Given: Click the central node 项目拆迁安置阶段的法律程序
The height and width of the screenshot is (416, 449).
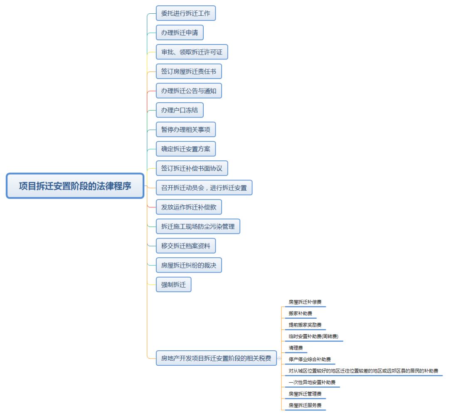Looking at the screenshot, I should click(x=75, y=186).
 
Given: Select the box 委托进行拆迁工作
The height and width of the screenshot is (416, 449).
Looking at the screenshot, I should click(x=186, y=13).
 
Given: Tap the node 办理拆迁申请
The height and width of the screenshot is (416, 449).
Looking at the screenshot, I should click(x=180, y=32).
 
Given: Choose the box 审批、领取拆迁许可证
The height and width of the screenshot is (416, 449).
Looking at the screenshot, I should click(x=192, y=52).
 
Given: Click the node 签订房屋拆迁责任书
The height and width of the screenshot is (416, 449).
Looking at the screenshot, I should click(x=189, y=71).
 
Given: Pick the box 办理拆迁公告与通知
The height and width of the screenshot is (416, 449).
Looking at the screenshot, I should click(x=189, y=91).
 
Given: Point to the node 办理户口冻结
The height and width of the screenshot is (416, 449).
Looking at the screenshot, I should click(x=180, y=110).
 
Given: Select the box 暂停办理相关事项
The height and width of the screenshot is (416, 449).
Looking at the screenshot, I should click(x=186, y=130).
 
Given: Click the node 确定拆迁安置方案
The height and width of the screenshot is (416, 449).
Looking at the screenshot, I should click(x=186, y=149).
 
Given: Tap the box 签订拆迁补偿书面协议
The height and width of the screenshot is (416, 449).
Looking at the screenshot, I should click(x=192, y=168).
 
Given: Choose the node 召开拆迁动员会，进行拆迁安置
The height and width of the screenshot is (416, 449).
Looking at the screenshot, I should click(x=204, y=188).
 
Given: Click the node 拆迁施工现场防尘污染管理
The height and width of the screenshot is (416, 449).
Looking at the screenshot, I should click(x=198, y=226).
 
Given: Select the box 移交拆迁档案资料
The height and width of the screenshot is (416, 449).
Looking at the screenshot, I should click(x=186, y=246).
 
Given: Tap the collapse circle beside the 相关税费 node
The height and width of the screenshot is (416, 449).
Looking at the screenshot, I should click(x=279, y=358).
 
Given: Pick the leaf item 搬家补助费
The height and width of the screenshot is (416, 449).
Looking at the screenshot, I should click(x=301, y=313).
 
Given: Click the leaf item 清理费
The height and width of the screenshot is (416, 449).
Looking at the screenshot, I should click(x=296, y=348).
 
